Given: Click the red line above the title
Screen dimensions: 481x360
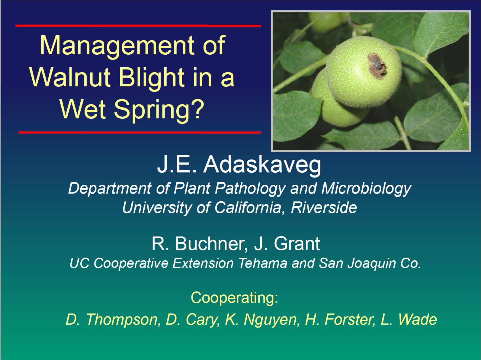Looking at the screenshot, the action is coord(138,26).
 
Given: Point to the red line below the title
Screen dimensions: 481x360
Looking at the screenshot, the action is coord(140,132).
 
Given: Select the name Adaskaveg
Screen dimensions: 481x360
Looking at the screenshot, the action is coord(262,165).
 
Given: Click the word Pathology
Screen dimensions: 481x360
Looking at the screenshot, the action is coord(250,188).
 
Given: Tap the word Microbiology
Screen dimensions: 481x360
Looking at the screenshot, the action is coord(366,188).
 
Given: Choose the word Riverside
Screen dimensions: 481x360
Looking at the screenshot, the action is coord(324,207).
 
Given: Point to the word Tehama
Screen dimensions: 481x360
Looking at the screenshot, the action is coord(263,263).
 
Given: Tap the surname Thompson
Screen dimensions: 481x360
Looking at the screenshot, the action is coord(122,320).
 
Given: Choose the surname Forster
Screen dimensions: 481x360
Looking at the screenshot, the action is coord(350,320).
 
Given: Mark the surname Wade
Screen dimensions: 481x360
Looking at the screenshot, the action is coord(418,320).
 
